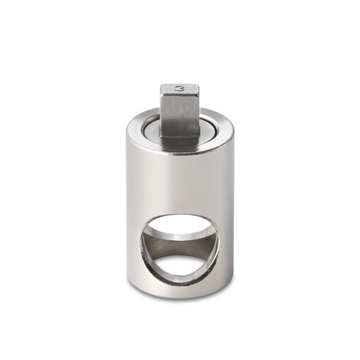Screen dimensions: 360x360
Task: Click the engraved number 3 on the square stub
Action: [x=179, y=88]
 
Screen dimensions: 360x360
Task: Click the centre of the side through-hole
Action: [x=179, y=247]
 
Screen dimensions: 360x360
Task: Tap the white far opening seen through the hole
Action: [x=181, y=267]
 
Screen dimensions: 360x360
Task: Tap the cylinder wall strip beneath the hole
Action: [x=180, y=289]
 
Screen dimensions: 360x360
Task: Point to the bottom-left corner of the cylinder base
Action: [x=127, y=281]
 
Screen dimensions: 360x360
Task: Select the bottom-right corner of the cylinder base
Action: [x=233, y=281]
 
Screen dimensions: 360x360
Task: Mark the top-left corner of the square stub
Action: [x=161, y=86]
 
